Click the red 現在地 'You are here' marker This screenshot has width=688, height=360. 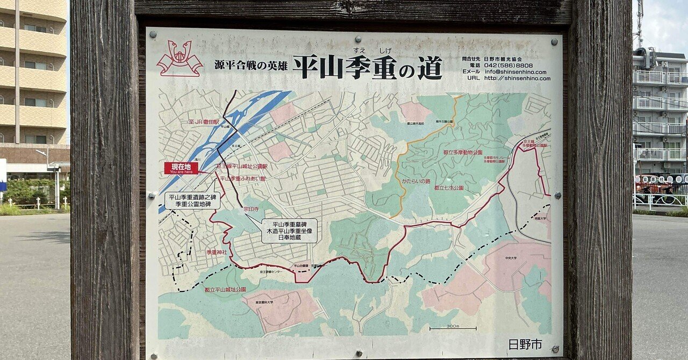(x=181, y=168)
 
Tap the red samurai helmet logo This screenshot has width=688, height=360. (x=179, y=59)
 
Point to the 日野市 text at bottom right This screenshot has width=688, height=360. (x=525, y=344)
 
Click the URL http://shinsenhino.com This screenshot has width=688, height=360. (x=517, y=78)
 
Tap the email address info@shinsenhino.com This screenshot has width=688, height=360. (x=515, y=71)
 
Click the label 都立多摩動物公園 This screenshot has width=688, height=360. (x=462, y=153)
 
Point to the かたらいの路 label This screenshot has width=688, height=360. (x=416, y=181)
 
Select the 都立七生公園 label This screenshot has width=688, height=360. (x=448, y=189)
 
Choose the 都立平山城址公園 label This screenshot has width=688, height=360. (x=225, y=290)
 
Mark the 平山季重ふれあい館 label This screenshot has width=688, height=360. (x=242, y=178)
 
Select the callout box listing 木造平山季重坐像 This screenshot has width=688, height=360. (x=289, y=231)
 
